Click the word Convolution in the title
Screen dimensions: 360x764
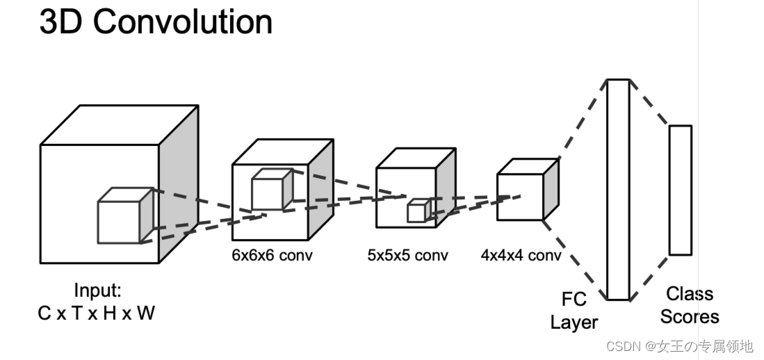[x=183, y=22]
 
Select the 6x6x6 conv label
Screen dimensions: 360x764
[x=272, y=255]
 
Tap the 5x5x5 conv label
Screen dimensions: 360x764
[x=407, y=255]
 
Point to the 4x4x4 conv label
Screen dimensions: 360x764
[x=521, y=255]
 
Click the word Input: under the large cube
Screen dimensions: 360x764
[x=97, y=291]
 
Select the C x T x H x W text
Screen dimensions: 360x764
[x=97, y=313]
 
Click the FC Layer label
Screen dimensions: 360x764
[x=574, y=311]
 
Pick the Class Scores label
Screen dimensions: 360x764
[x=690, y=305]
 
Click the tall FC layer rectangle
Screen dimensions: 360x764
[x=618, y=189]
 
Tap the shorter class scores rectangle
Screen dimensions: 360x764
[x=680, y=190]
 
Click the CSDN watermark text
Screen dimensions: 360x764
[x=679, y=346]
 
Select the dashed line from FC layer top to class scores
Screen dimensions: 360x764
[x=649, y=103]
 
